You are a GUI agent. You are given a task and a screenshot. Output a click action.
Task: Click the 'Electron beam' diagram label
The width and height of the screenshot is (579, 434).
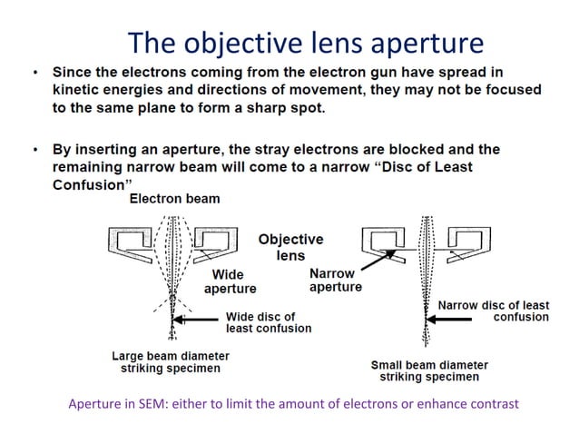click(174, 199)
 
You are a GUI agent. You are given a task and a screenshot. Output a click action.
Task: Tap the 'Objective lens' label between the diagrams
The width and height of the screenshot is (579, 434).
click(290, 248)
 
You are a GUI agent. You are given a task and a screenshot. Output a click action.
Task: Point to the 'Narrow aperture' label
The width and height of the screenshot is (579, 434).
click(335, 280)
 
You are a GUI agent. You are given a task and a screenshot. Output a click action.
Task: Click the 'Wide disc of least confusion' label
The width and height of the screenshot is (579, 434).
click(268, 322)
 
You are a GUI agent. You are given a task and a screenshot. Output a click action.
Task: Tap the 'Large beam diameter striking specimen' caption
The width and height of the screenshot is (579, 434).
click(171, 362)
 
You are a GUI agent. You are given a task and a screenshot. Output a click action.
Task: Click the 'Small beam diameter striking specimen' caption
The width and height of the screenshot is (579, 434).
click(429, 370)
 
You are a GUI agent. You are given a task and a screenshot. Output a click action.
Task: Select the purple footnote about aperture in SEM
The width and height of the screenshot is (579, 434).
click(293, 404)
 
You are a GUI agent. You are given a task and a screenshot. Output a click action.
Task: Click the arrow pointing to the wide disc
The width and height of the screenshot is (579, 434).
click(198, 321)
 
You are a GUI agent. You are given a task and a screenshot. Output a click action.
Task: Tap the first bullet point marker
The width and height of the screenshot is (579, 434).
click(34, 72)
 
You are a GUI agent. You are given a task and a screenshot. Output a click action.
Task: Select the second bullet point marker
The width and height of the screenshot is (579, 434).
click(34, 149)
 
